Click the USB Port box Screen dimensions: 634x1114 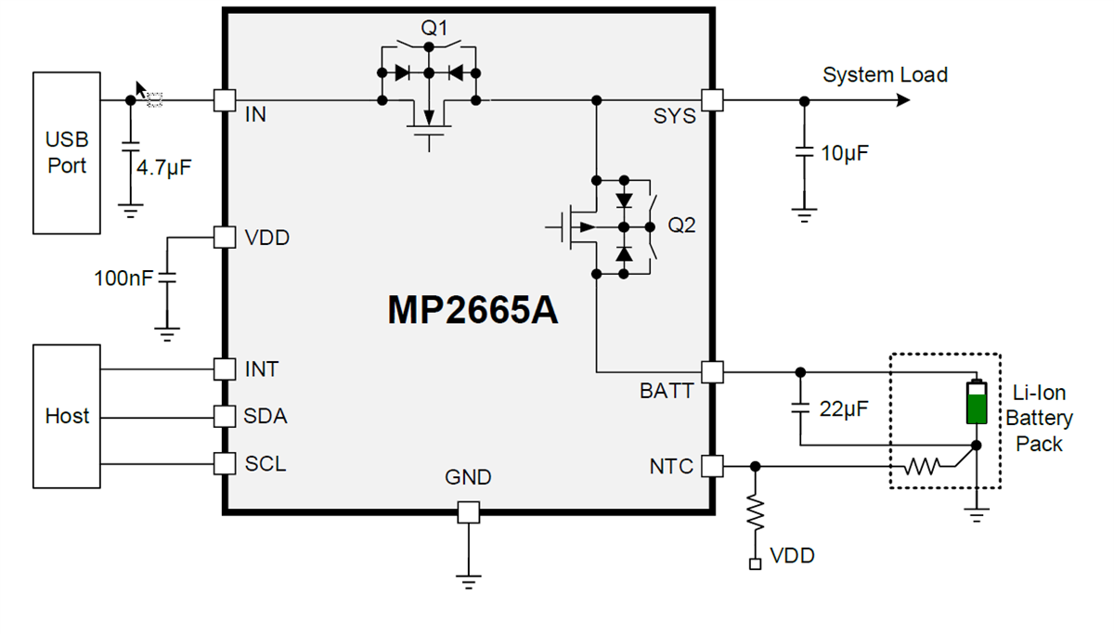click(x=66, y=153)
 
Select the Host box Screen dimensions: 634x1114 click(x=67, y=416)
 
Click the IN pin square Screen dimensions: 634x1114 click(x=225, y=99)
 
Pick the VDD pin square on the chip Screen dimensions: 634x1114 click(x=225, y=237)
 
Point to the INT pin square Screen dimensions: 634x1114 click(x=225, y=369)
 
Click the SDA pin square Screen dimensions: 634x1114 click(x=225, y=416)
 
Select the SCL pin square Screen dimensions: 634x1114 click(x=225, y=462)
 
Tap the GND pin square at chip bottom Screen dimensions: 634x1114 click(x=469, y=511)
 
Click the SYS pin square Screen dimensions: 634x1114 click(x=712, y=99)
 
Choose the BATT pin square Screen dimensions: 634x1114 click(x=712, y=371)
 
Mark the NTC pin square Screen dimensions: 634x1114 click(x=712, y=465)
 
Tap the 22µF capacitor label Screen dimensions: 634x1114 click(x=844, y=408)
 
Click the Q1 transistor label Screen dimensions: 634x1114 click(x=434, y=28)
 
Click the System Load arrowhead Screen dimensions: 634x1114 click(x=902, y=99)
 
